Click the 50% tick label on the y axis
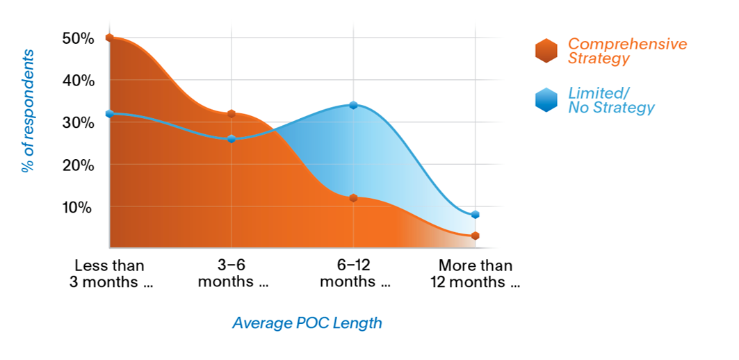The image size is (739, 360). [x=77, y=38]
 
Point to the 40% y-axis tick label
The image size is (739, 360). [x=77, y=81]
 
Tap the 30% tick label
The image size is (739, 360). [x=77, y=123]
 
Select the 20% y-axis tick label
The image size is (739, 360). [x=77, y=165]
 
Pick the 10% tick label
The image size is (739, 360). [x=77, y=207]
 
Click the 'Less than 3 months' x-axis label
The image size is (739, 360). [x=110, y=274]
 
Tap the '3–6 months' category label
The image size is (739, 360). [x=232, y=274]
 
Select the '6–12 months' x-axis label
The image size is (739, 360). [x=355, y=274]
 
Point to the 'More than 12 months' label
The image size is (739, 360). [x=476, y=274]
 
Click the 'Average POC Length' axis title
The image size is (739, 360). [x=307, y=323]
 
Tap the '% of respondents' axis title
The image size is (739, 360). [x=28, y=111]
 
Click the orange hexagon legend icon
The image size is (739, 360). [x=546, y=51]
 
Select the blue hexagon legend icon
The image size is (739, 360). [x=546, y=100]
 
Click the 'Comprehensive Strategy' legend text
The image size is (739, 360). [x=626, y=51]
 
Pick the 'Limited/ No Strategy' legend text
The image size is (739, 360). [x=610, y=100]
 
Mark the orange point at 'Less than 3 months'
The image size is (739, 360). [x=110, y=38]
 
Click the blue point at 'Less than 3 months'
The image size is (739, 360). [x=110, y=113]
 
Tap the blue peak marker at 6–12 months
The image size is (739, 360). [x=353, y=105]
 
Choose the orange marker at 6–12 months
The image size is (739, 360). [x=353, y=198]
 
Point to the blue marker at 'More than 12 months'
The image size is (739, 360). [x=475, y=215]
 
